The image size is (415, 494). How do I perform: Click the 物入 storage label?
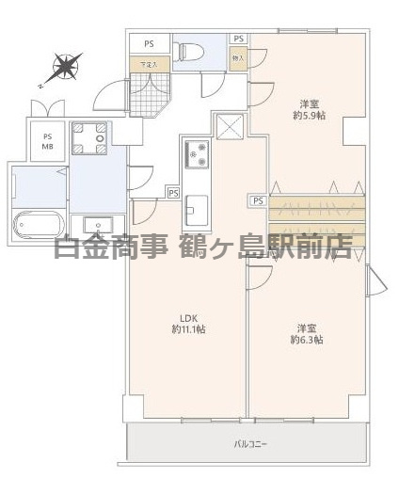[238, 58]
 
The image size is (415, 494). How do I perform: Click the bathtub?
[38, 225]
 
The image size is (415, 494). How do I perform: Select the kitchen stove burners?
[199, 155]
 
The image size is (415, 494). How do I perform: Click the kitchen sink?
[198, 204]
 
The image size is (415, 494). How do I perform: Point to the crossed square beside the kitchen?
[230, 125]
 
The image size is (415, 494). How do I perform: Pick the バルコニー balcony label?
[248, 441]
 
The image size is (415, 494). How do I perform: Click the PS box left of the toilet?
[149, 43]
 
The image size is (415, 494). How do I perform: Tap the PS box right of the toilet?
[239, 39]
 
